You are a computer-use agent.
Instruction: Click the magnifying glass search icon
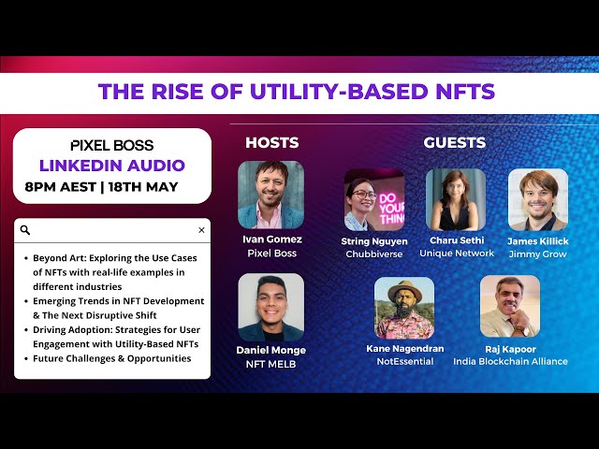coord(25,230)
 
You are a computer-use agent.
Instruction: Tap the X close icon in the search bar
coord(202,230)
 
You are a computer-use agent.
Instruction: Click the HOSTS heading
coord(272,142)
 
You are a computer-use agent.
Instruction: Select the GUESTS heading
coord(455,142)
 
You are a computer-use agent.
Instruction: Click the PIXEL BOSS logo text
coord(112,145)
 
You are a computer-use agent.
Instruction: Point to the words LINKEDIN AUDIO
coord(112,166)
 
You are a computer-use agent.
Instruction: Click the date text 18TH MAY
coord(143,187)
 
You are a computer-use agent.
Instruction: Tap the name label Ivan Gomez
coord(272,239)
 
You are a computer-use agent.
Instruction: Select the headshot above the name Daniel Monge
coord(271,307)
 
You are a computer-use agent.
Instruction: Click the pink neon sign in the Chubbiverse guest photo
coord(392,209)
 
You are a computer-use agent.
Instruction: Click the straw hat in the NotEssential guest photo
coord(405,291)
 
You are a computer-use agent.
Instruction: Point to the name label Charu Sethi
coord(457,240)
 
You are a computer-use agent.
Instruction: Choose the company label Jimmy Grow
coord(537,254)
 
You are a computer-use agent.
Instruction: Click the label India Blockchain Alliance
coord(510,361)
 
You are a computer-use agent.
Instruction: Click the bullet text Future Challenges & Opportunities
coord(112,358)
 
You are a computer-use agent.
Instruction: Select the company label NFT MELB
coord(270,364)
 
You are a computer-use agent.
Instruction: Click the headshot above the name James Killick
coord(538,199)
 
